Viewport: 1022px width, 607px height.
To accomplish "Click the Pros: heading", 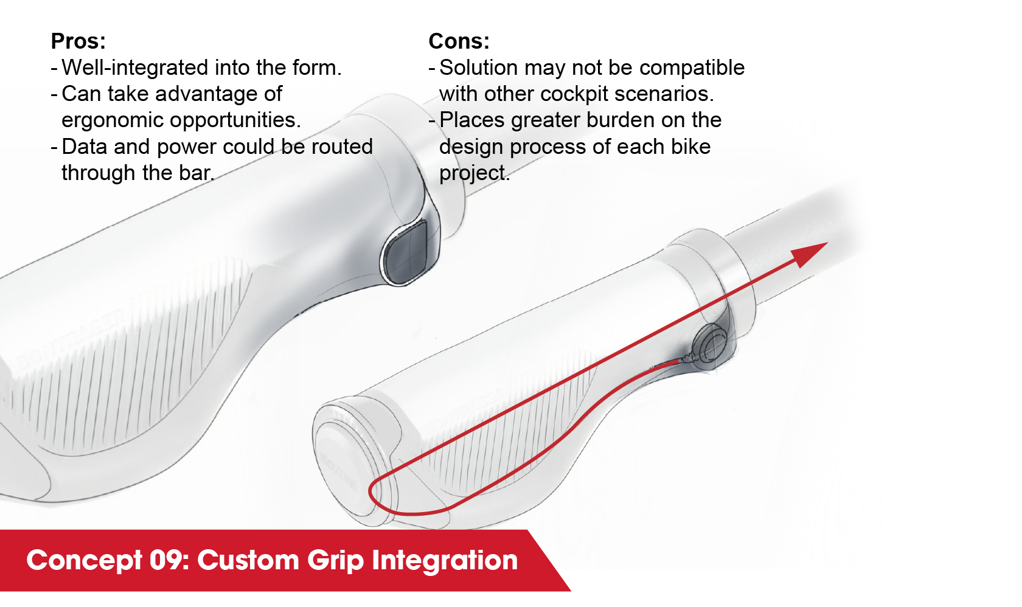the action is click(78, 41).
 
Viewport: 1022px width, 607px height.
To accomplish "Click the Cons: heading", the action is click(459, 41).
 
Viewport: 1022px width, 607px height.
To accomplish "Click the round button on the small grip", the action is click(711, 345).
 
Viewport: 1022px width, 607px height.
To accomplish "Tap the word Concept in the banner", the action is click(84, 560).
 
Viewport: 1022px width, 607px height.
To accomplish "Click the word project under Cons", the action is click(473, 173).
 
